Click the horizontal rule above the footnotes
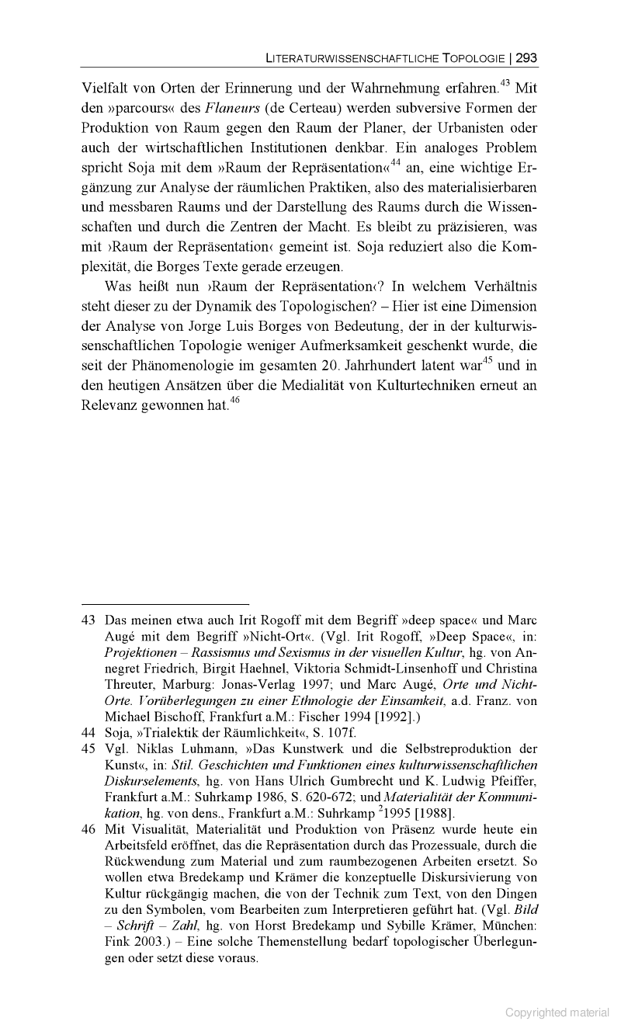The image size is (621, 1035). (x=165, y=603)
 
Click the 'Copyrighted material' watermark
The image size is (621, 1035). (x=557, y=1012)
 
